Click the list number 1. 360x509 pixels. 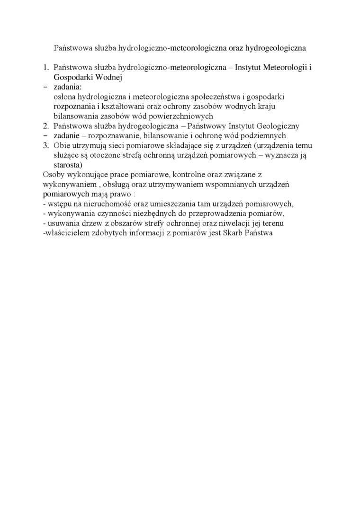pos(45,68)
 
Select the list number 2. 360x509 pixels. pos(45,126)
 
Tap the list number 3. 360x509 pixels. pos(45,145)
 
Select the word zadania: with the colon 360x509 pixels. pos(68,87)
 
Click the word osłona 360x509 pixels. pos(65,97)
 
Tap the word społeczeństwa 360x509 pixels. pos(213,97)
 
